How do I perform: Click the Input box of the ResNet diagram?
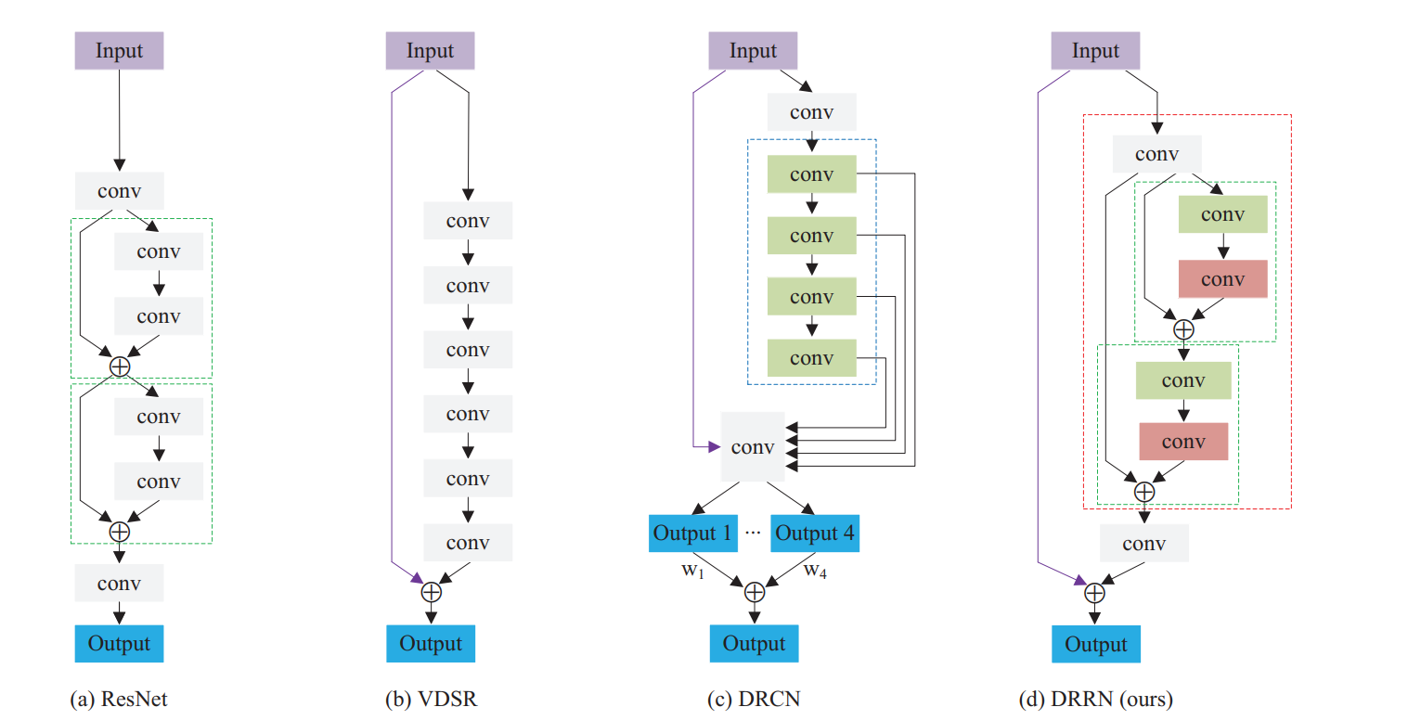point(119,50)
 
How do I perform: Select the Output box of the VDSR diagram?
point(431,643)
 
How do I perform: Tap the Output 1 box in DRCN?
point(692,534)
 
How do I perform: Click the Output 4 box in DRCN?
point(815,534)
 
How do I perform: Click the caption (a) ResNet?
point(119,699)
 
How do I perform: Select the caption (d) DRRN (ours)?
point(1095,699)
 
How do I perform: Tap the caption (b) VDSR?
point(431,699)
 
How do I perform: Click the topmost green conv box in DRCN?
point(811,174)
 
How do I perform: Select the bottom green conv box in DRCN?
point(811,358)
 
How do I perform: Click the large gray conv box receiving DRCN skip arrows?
point(752,447)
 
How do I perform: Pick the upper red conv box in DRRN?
point(1222,279)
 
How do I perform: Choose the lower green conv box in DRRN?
point(1182,380)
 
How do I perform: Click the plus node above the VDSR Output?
point(431,590)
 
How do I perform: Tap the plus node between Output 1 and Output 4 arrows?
point(754,590)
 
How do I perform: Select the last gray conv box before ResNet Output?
point(119,583)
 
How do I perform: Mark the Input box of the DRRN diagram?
point(1095,50)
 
